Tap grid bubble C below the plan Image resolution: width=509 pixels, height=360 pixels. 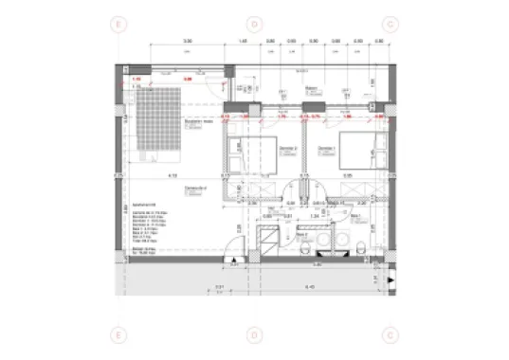(x=390, y=334)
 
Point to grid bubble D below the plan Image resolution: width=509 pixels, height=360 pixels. (x=253, y=334)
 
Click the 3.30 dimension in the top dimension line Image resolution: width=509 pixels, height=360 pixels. (x=188, y=42)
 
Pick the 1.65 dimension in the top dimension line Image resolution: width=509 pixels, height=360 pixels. (x=243, y=42)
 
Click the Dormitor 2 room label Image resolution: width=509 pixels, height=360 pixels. (x=288, y=149)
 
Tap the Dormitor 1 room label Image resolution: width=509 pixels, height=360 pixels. (x=328, y=149)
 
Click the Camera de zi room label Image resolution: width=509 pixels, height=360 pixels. (x=196, y=189)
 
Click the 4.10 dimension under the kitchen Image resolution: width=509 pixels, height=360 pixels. (x=173, y=176)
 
